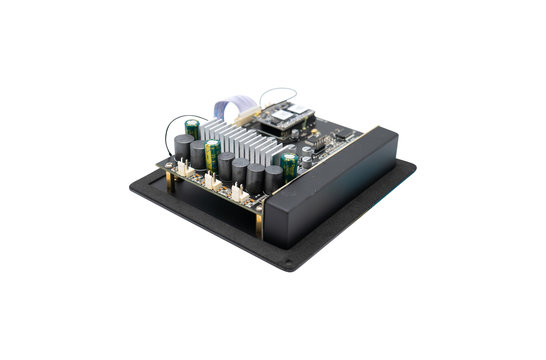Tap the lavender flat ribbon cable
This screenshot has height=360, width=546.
click(x=231, y=103)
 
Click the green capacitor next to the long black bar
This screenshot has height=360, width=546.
click(x=289, y=165)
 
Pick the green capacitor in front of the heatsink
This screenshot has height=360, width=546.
click(x=212, y=155)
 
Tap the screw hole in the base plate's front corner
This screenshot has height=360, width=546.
click(x=289, y=267)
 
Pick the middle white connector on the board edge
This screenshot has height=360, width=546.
click(x=211, y=181)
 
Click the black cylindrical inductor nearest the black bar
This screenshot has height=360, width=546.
click(x=272, y=180)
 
